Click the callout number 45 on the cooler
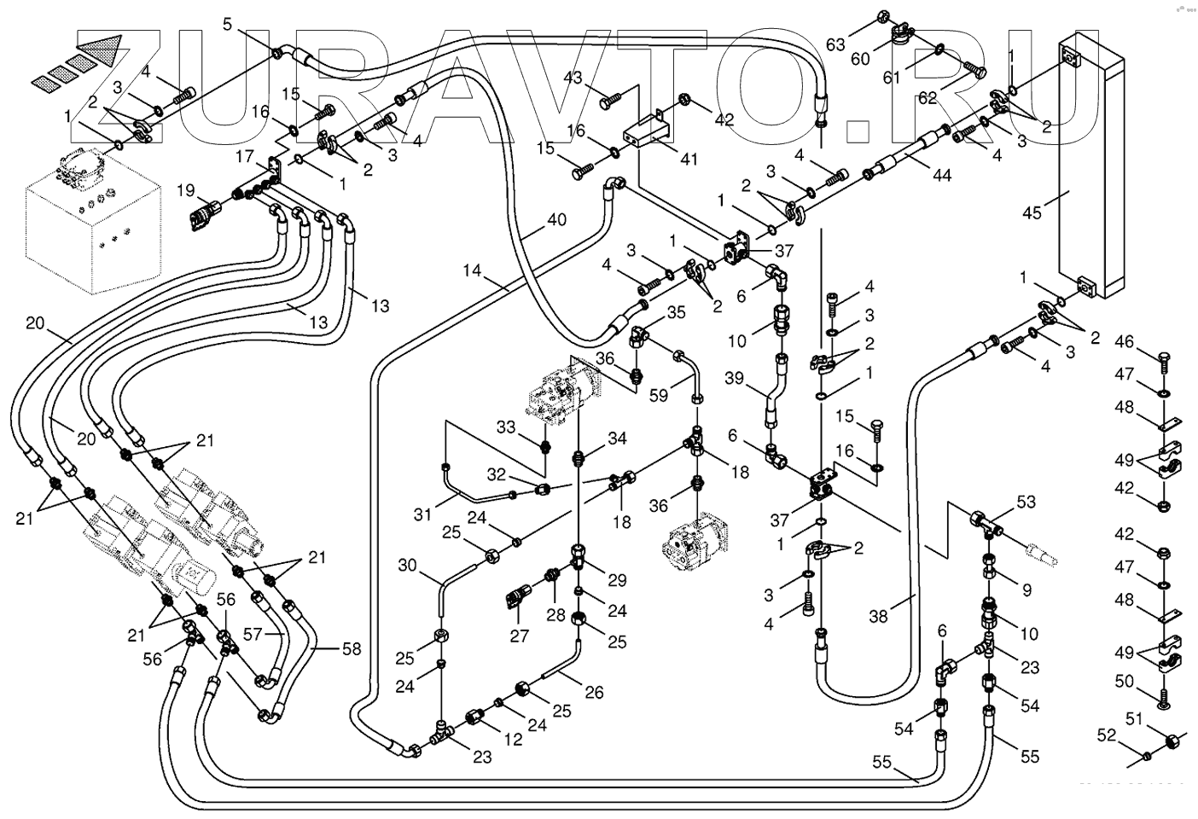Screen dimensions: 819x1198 (1032, 212)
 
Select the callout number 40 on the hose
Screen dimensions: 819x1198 (556, 219)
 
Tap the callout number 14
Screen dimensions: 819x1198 (473, 272)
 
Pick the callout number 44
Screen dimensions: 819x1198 (941, 177)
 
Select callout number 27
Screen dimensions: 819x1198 (519, 635)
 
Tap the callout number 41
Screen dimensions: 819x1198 (689, 159)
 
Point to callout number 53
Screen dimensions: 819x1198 (1026, 502)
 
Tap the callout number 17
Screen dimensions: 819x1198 (245, 157)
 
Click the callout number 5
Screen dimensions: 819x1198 (227, 24)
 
